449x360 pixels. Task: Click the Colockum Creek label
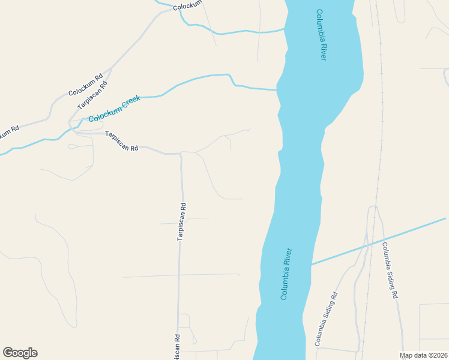[115, 109]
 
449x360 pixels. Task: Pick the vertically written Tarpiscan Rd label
[182, 221]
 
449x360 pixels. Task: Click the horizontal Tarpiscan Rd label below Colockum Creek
[122, 141]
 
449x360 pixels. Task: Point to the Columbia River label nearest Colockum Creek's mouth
[321, 35]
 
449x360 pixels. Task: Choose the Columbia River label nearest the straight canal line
[286, 274]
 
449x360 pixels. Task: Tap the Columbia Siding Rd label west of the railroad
[327, 319]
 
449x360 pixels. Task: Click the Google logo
[20, 353]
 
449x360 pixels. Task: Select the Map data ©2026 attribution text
[424, 355]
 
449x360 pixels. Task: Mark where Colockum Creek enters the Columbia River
[277, 90]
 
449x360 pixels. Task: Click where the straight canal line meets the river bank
[311, 264]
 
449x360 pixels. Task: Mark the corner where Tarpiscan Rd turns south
[181, 154]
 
